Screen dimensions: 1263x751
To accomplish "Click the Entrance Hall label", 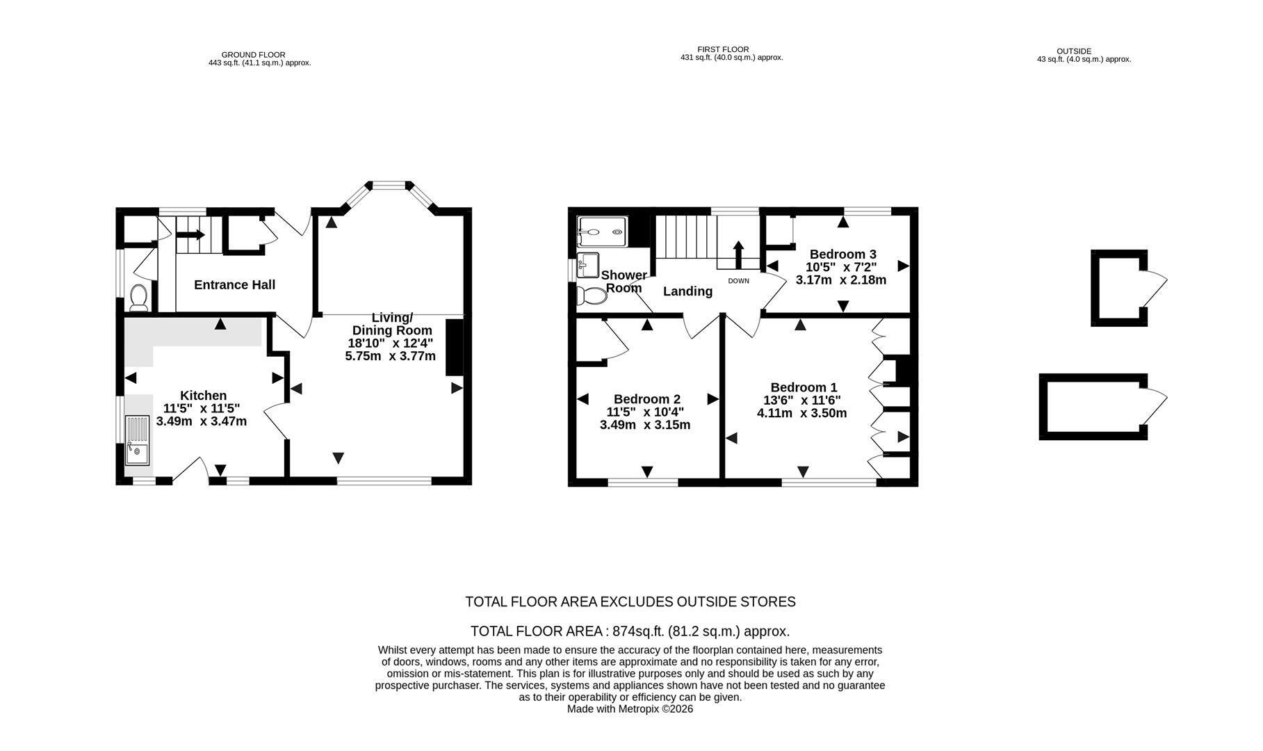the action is click(234, 284).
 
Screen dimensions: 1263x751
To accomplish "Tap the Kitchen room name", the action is click(203, 396).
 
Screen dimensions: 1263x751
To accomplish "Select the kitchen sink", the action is click(137, 440).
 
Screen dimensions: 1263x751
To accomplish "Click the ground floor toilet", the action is click(138, 297).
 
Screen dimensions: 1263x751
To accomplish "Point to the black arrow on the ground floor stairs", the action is click(189, 236).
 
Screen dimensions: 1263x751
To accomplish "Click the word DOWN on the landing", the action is click(739, 281).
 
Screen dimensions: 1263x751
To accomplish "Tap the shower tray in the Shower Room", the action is click(602, 232).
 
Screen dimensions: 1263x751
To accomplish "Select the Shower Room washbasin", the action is click(588, 265).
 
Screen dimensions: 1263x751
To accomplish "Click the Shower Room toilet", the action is click(591, 296).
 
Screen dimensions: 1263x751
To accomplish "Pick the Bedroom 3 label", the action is click(842, 255).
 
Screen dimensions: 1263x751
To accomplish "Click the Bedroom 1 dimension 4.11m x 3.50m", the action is click(801, 413).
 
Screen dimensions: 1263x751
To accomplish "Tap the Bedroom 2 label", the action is click(646, 399).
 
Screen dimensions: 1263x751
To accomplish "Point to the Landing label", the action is click(687, 291).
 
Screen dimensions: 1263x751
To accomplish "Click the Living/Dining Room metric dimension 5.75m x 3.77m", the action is click(390, 356).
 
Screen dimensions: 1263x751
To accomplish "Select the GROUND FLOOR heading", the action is click(254, 54).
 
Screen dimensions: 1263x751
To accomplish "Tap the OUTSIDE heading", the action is click(1074, 51).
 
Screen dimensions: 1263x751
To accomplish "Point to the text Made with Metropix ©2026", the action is click(630, 709).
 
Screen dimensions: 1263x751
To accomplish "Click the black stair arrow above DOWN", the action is click(738, 255).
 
